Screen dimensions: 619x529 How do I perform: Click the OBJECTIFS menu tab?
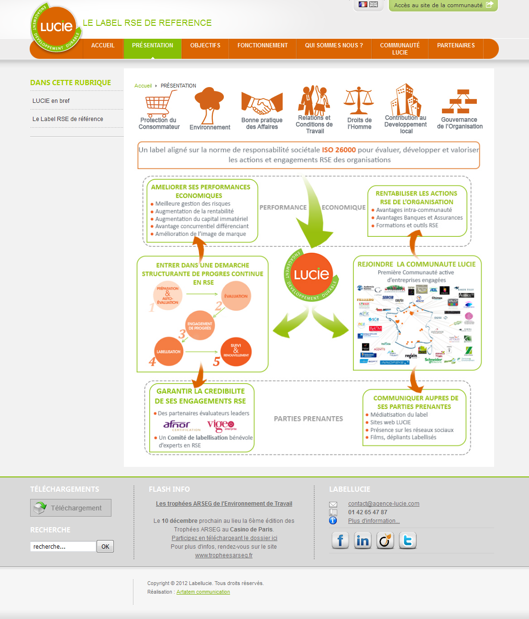point(205,46)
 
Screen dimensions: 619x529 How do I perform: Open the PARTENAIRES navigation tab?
point(456,46)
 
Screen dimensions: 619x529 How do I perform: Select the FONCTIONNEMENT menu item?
point(263,46)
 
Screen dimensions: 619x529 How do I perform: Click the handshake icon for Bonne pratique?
point(262,103)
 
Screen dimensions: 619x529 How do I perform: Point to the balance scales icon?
point(359,101)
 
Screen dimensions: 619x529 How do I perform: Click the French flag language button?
point(363,5)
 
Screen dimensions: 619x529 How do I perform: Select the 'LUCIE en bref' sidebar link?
point(51,101)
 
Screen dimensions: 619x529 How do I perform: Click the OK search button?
point(105,547)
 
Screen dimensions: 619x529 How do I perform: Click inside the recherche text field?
point(63,547)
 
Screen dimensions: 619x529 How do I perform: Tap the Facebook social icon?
point(340,541)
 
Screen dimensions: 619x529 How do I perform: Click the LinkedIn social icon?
point(363,541)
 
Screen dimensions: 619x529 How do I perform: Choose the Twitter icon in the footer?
point(408,541)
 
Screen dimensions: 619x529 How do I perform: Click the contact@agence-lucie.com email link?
point(384,504)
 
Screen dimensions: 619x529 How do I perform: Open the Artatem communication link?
point(203,592)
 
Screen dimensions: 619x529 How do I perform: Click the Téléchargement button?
point(71,508)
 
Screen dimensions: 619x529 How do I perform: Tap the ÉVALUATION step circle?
point(236,296)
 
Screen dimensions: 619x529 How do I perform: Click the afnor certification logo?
point(177,425)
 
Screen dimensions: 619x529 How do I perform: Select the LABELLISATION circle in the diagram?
point(168,352)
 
